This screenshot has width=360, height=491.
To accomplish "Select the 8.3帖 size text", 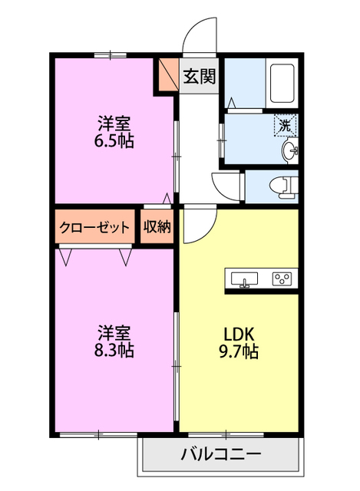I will (114, 351).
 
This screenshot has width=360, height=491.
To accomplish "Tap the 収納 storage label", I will (157, 227).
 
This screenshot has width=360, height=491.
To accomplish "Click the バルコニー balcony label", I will (220, 454).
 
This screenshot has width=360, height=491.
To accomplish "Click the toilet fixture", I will (285, 185).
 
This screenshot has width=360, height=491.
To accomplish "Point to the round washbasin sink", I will (290, 150).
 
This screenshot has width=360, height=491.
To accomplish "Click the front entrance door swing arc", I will (197, 36).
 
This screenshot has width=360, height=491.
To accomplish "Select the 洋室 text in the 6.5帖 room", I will (114, 123).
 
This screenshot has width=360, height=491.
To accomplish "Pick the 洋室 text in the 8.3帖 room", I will (114, 333).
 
